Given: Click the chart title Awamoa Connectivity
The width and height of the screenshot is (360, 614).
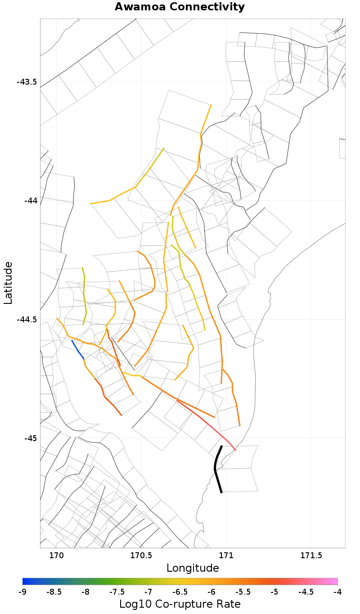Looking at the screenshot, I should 180,7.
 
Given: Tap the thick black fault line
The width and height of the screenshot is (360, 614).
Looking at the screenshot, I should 216,468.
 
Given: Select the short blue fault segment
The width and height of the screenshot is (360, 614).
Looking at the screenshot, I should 77,349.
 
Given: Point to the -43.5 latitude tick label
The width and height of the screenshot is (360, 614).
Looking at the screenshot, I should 27,82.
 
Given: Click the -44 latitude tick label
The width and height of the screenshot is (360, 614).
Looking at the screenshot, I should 31,200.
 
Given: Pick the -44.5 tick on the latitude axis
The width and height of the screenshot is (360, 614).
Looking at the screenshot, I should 27,320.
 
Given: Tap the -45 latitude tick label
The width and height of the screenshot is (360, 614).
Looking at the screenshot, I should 31,438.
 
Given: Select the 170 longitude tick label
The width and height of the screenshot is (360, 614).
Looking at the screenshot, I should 56,555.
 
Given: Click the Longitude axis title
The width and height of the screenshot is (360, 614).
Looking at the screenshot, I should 193,568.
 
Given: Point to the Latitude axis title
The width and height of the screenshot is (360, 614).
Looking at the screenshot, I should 8,283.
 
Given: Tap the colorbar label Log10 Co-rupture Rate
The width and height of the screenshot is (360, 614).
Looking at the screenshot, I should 180,604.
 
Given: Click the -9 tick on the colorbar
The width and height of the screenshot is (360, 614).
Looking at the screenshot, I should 22,591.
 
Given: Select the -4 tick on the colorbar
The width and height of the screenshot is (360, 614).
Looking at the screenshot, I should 337,591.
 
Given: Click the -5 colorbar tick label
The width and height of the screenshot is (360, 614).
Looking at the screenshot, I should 274,591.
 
